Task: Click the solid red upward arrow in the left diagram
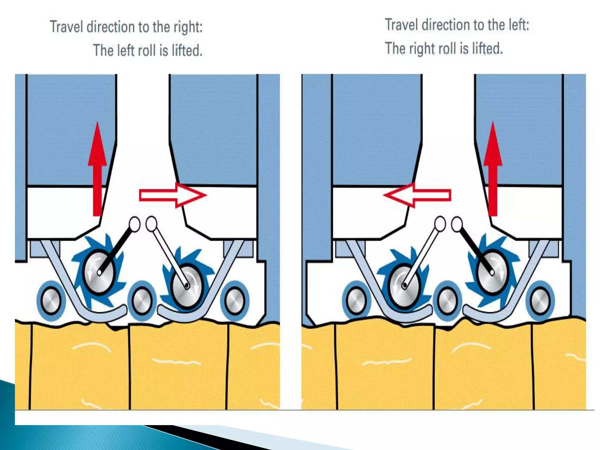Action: pyautogui.click(x=97, y=169)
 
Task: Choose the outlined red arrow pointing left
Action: pyautogui.click(x=417, y=195)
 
